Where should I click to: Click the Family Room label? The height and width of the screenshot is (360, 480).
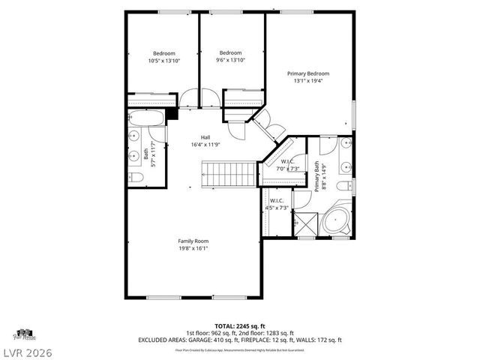click(193, 241)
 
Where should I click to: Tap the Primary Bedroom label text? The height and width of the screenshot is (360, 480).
click(308, 73)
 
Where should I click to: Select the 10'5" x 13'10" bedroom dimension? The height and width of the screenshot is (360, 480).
click(164, 60)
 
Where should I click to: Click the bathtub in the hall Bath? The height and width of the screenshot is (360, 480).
click(145, 117)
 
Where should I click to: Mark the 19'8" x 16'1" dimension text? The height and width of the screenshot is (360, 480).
click(193, 248)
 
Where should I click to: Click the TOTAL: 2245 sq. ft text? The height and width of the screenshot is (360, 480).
click(239, 325)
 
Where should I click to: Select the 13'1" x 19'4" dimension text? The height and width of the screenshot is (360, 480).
click(308, 81)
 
